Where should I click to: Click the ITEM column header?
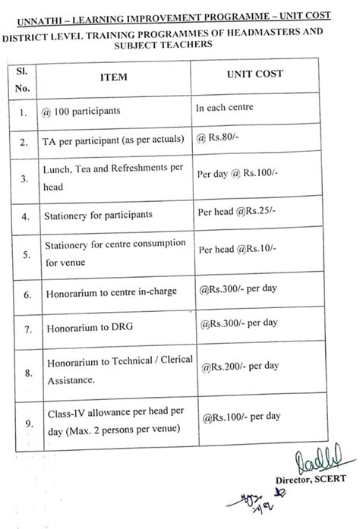pos(113,77)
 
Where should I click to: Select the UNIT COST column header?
pos(254,74)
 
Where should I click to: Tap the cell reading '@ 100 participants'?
pos(81,111)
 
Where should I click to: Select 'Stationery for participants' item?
pos(99,215)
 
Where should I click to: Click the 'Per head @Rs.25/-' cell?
pos(235,212)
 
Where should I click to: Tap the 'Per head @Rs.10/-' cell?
pos(236,249)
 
